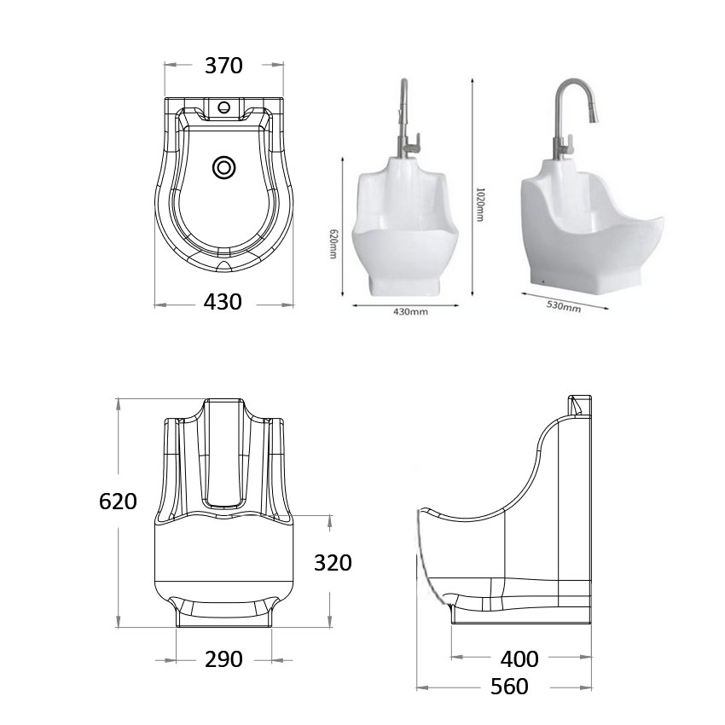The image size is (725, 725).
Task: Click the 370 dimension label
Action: click(223, 66)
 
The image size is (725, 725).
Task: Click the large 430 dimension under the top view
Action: click(223, 302)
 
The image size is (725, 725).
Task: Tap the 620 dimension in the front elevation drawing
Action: click(118, 502)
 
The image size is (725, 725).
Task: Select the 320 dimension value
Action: click(333, 563)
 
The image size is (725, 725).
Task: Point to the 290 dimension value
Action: click(223, 659)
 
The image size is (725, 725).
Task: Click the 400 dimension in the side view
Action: click(520, 659)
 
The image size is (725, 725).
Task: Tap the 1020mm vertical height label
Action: click(479, 204)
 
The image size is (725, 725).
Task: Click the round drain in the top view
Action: click(224, 168)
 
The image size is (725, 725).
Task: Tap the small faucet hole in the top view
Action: click(224, 107)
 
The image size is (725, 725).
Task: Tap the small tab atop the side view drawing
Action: click(578, 403)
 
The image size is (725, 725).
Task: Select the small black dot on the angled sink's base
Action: click(544, 278)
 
